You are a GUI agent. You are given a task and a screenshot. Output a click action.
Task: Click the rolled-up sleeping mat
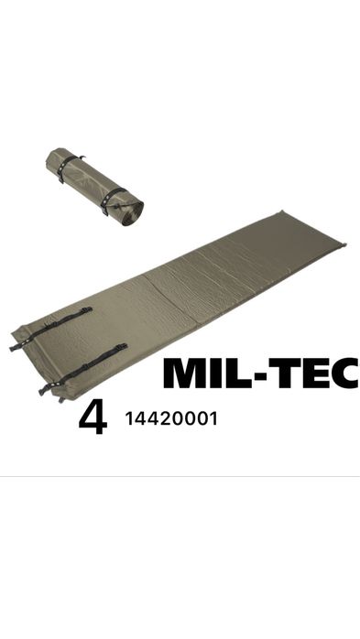(93, 186)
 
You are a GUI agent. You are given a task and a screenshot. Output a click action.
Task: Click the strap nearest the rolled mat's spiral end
(111, 200)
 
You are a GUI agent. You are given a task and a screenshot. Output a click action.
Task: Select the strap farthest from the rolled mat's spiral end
(68, 168)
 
